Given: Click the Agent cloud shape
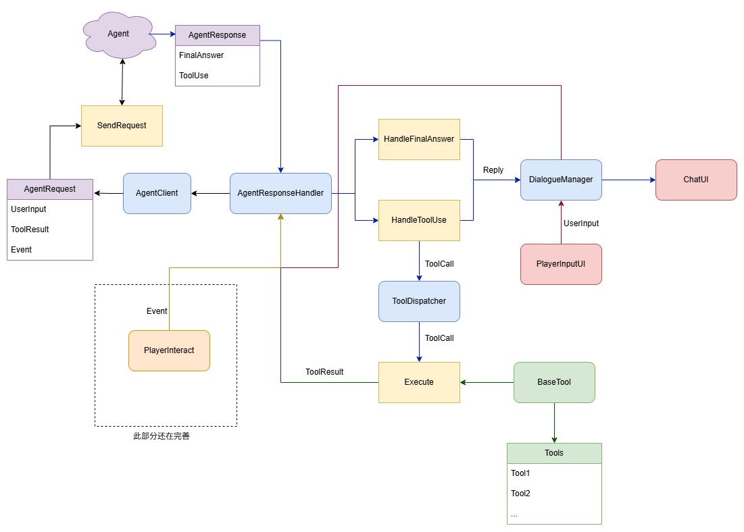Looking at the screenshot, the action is pos(119,34).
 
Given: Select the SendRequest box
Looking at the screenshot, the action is pos(122,126).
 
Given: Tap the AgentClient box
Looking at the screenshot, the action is pos(157,193).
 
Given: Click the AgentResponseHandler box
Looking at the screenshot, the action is pos(281,193).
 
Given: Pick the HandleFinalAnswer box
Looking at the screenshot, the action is pos(419,139).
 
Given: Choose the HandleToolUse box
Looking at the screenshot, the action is pos(419,220).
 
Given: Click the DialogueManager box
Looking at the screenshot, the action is pos(561,180).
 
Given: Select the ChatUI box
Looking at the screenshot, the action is pos(696,180).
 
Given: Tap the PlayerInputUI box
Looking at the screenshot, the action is pos(561,264).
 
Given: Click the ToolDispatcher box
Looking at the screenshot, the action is pos(419,301).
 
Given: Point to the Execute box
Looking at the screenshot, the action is pos(419,382).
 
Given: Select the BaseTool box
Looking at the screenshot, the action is pos(554,382).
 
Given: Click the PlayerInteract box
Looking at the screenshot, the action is pos(170,350).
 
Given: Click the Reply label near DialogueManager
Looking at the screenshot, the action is pos(493,169).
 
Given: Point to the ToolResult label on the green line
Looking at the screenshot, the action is pos(324,372).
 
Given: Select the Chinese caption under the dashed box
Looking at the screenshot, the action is pos(162,435).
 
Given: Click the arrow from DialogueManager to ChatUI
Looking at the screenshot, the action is pos(628,180).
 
